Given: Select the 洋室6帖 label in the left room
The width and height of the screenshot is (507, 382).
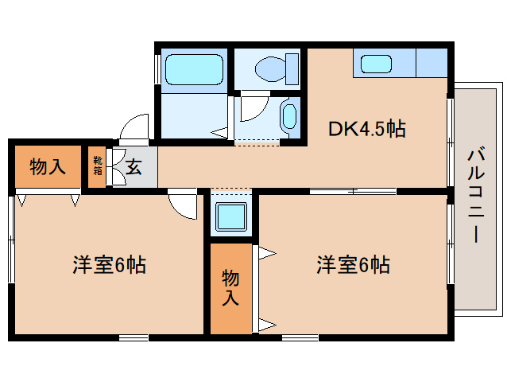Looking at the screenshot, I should click(110, 265).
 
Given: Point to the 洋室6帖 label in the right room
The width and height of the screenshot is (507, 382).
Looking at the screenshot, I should click(354, 265).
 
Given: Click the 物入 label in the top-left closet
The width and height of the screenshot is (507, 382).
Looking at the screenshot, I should click(47, 167).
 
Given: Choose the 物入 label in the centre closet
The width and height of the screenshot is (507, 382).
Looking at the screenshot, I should click(230, 287).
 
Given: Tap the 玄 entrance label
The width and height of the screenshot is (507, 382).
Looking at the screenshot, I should click(134, 167).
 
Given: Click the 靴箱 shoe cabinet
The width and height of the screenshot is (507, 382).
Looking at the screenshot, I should click(97, 166).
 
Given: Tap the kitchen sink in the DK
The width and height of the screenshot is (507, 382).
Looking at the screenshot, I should click(373, 64).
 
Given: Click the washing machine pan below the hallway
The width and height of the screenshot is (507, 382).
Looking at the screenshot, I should click(231, 216).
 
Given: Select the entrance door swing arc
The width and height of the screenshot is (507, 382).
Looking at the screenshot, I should click(134, 128).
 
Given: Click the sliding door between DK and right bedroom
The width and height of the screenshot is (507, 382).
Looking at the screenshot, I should click(353, 191).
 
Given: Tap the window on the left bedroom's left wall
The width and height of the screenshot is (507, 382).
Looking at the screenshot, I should click(11, 239).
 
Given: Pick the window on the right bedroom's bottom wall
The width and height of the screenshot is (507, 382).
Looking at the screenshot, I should click(300, 337).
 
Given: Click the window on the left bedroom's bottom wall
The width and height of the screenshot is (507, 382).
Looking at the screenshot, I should click(134, 337).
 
